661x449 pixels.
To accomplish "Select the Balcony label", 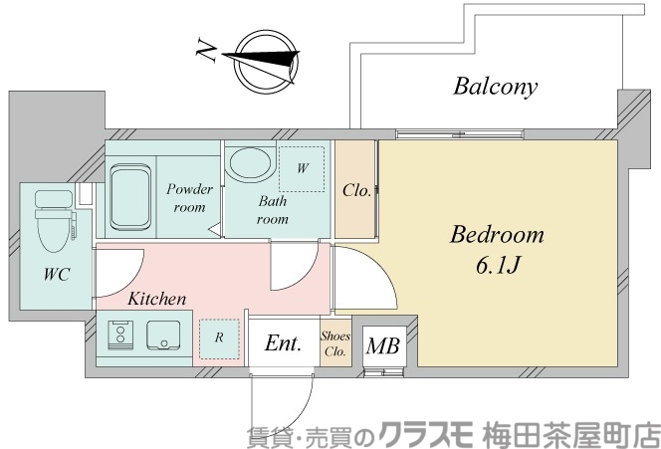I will click(x=495, y=87).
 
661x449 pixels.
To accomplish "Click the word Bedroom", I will click(x=497, y=235).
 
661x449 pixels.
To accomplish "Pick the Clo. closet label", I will click(x=356, y=190).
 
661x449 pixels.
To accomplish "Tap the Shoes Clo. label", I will click(x=335, y=343).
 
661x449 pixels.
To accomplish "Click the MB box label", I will click(x=381, y=347).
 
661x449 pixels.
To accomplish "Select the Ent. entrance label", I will click(x=283, y=344).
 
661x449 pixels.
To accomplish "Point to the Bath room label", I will click(x=273, y=209).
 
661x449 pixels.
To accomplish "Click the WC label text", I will click(x=56, y=275).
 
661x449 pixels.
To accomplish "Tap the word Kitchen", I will click(x=156, y=298).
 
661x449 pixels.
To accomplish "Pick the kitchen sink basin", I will click(x=161, y=337).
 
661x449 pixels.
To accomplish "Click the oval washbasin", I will click(x=248, y=163).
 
